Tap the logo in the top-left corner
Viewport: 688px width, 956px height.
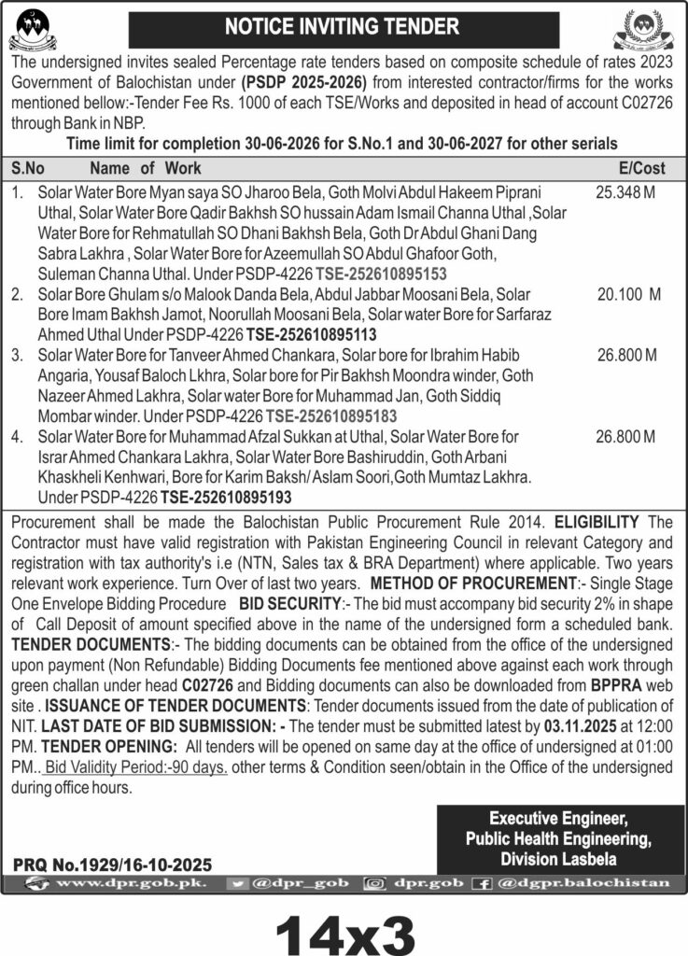point(33,28)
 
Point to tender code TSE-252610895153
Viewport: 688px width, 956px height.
point(381,274)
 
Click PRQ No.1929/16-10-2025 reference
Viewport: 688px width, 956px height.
point(113,865)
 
